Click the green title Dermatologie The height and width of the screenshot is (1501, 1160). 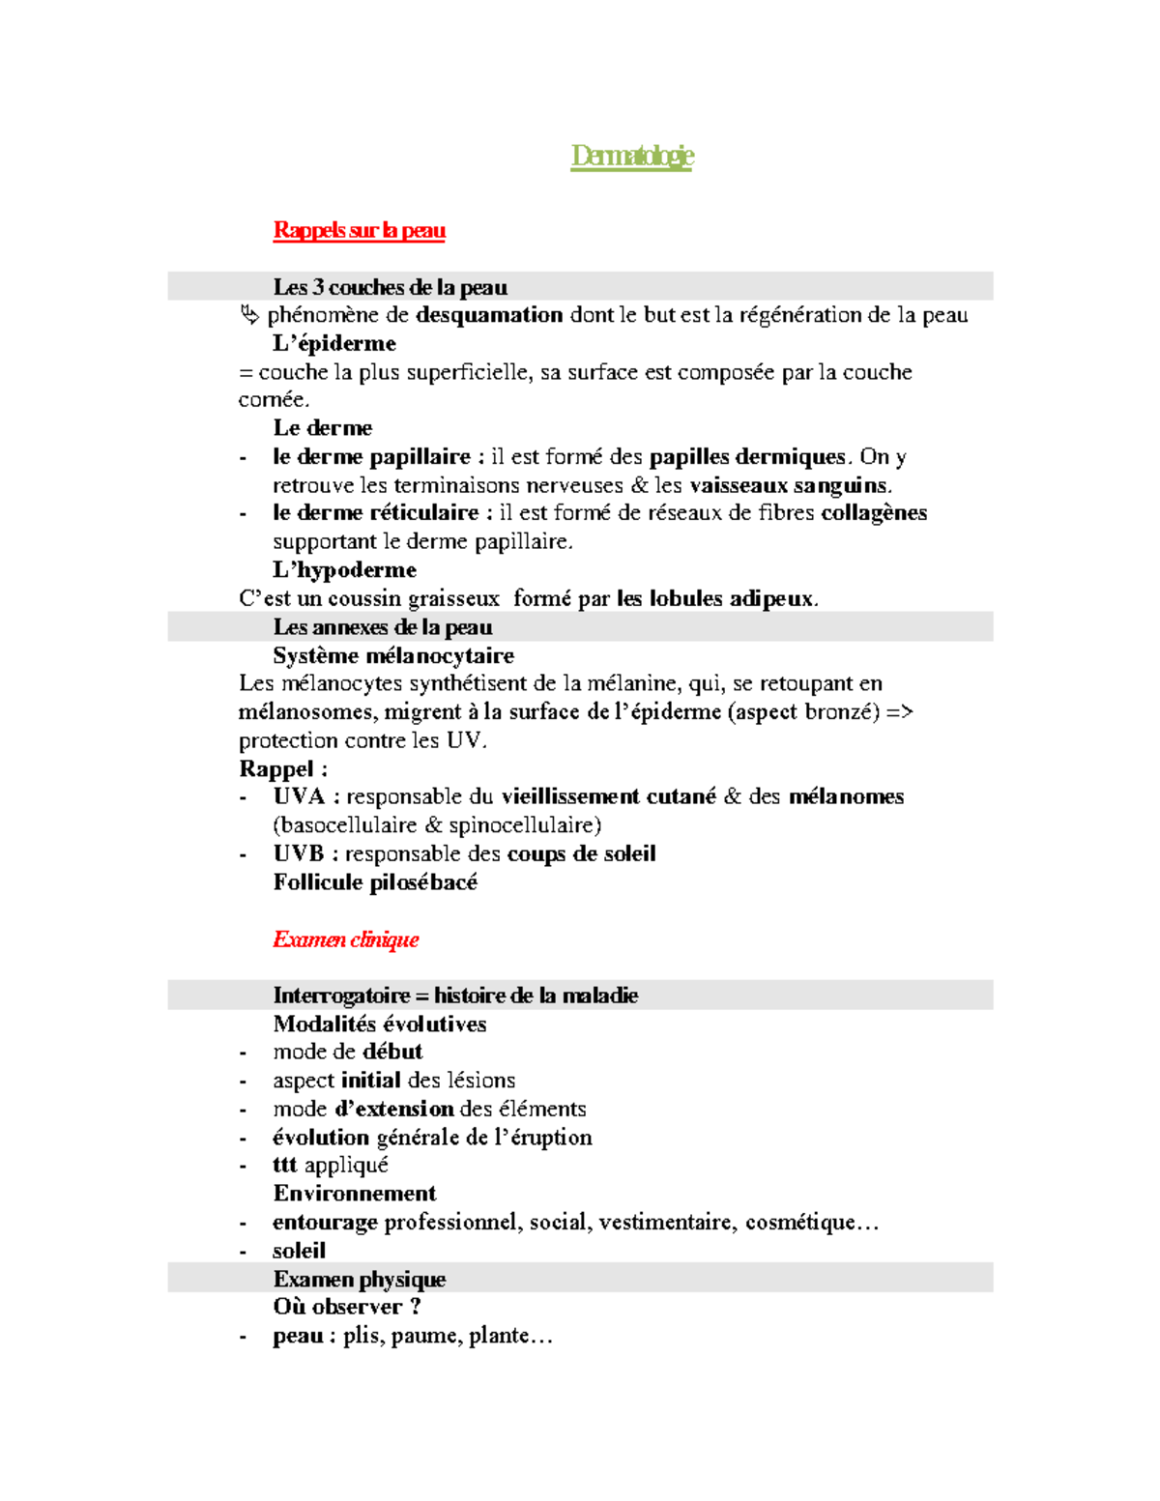pyautogui.click(x=632, y=156)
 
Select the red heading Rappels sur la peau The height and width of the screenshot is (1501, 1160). pyautogui.click(x=359, y=230)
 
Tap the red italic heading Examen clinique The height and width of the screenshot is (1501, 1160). pyautogui.click(x=345, y=939)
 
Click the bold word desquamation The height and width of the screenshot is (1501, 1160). pyautogui.click(x=489, y=315)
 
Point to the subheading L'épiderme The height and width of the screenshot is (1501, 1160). pyautogui.click(x=334, y=344)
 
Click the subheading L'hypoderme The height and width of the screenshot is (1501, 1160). pyautogui.click(x=344, y=570)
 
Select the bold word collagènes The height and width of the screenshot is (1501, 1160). pyautogui.click(x=874, y=513)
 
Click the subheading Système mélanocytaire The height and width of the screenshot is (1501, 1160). pyautogui.click(x=393, y=656)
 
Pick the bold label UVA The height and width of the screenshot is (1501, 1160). pyautogui.click(x=299, y=797)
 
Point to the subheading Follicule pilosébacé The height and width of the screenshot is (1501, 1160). pyautogui.click(x=375, y=882)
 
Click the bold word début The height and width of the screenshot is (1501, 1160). pyautogui.click(x=392, y=1052)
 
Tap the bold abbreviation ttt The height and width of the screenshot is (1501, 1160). pyautogui.click(x=284, y=1166)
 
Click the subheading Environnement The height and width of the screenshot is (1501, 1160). pyautogui.click(x=355, y=1194)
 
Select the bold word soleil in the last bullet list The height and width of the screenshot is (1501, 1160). pyautogui.click(x=299, y=1251)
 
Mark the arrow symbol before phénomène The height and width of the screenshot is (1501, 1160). pyautogui.click(x=249, y=315)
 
